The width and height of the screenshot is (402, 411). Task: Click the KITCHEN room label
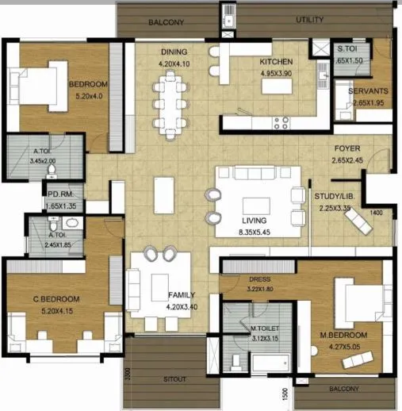276,62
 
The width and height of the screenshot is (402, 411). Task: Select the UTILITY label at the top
309,19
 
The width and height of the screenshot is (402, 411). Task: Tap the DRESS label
259,278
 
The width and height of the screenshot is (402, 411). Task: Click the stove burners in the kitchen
281,122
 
